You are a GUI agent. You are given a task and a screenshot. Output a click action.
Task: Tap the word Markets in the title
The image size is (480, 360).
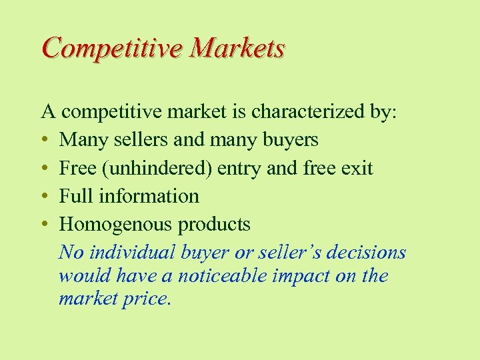pos(237,49)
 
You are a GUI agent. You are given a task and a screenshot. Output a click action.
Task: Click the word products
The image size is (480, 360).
pos(214,225)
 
